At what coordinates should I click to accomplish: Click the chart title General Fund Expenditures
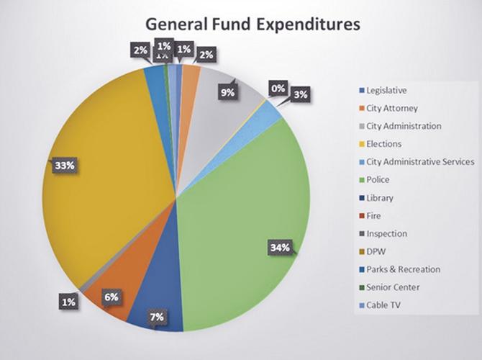tap(253, 24)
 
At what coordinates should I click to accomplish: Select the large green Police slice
tap(245, 216)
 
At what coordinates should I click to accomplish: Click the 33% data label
tap(64, 165)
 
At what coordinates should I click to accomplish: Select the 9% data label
tap(228, 92)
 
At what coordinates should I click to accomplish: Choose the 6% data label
tap(110, 297)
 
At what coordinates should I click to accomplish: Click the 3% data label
tap(301, 94)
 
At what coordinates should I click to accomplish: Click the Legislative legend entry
tap(386, 91)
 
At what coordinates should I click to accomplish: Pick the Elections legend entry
tap(383, 144)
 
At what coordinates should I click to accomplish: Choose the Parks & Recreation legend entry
tap(403, 269)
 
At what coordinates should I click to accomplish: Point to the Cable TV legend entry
tap(383, 305)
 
